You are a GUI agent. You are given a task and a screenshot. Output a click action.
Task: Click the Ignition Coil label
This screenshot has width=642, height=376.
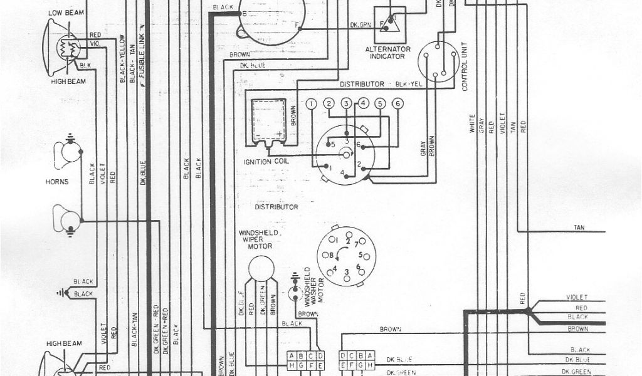267,162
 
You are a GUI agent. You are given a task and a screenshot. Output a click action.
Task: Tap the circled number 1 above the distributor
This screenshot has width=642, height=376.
311,104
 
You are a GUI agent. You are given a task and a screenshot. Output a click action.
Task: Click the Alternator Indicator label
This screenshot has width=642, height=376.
389,53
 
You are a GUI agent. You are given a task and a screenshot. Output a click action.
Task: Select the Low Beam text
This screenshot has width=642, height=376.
65,12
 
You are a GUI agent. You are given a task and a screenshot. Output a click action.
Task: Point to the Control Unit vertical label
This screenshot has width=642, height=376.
465,70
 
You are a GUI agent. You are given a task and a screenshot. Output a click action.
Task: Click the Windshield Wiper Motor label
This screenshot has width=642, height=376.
255,239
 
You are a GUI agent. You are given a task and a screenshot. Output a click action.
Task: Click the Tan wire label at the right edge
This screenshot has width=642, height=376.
579,227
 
